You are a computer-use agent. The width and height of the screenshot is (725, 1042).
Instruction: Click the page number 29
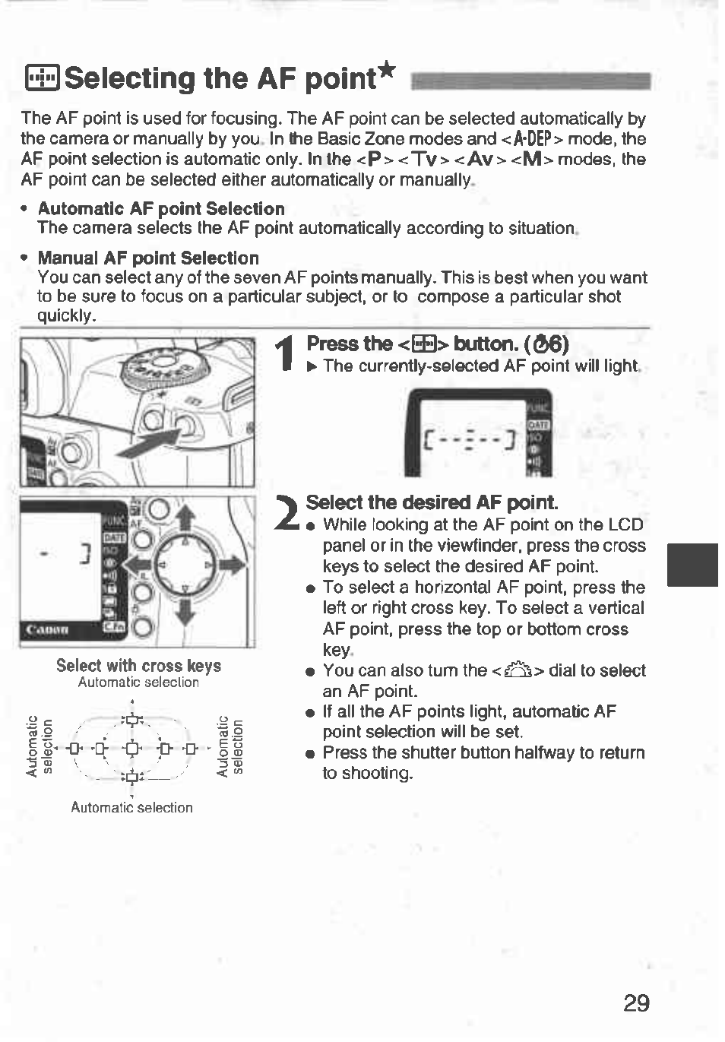636,1003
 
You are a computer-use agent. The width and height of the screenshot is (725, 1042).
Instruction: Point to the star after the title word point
387,71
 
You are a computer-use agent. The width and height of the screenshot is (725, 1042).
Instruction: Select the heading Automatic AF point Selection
161,209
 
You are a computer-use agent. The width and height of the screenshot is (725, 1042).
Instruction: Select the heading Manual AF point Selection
148,258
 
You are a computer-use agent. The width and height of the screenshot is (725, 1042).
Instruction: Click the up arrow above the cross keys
185,519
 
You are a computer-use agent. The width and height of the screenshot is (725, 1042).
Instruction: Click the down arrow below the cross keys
185,611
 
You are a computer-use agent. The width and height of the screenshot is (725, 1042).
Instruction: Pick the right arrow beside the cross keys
232,565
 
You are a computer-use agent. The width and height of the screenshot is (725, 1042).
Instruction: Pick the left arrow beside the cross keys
138,565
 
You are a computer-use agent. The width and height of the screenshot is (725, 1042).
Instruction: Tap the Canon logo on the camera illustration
47,629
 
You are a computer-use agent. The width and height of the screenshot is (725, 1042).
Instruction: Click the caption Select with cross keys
138,666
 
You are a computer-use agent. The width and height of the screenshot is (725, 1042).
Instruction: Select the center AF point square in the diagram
132,749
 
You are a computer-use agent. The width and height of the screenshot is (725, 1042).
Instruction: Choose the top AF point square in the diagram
132,720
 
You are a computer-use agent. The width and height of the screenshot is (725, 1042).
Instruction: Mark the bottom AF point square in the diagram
132,777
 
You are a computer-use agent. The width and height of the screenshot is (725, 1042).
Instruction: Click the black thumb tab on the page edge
692,565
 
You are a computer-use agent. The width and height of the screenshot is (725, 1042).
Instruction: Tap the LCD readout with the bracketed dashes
471,440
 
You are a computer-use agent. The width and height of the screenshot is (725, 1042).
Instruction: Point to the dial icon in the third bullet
518,671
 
